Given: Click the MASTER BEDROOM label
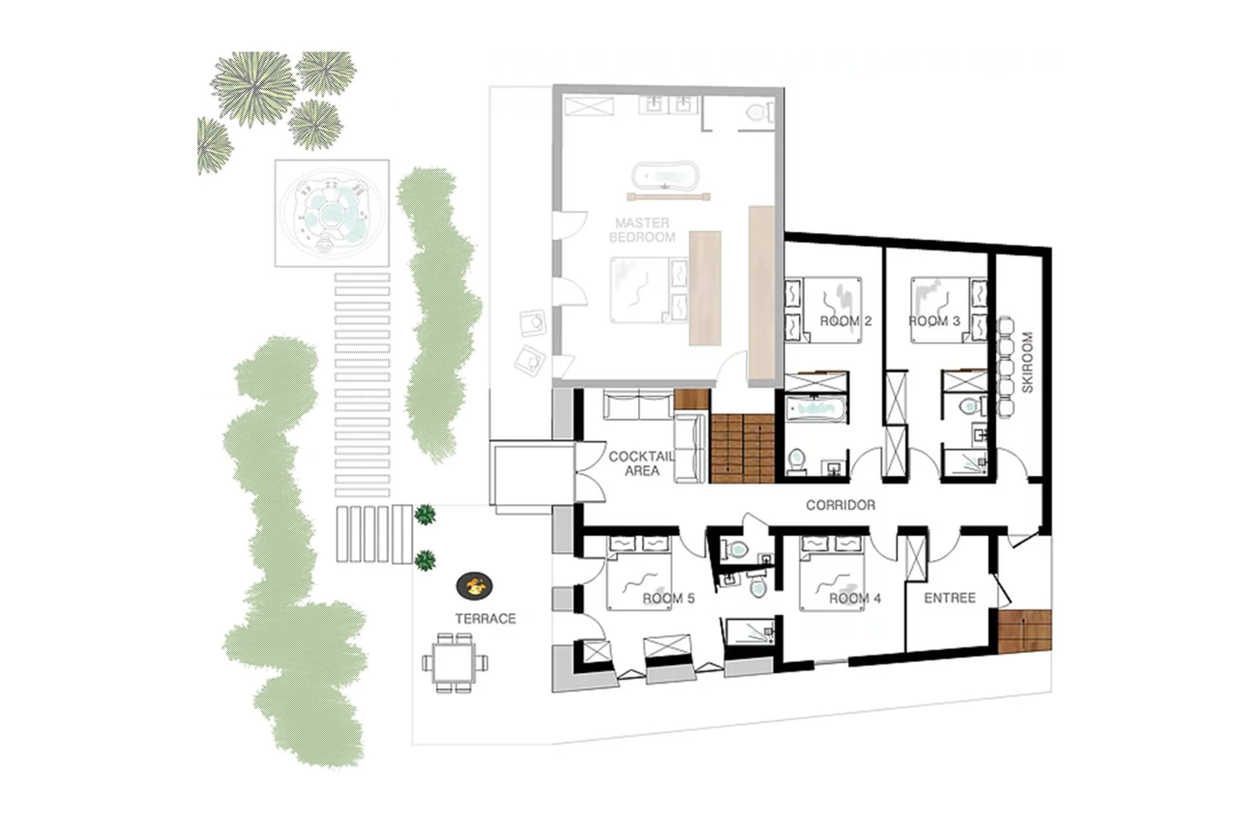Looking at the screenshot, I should click(642, 230).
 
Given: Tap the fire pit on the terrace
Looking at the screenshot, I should click(474, 585).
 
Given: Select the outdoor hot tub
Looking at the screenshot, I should click(331, 213).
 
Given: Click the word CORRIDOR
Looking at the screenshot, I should click(840, 505).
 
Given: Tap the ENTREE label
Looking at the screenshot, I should click(950, 598).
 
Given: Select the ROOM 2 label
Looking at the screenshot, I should click(846, 321).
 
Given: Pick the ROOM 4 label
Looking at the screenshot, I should click(854, 598).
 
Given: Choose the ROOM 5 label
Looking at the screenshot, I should click(668, 598).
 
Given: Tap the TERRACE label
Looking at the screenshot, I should click(485, 619).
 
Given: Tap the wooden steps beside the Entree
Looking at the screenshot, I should click(1024, 631).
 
